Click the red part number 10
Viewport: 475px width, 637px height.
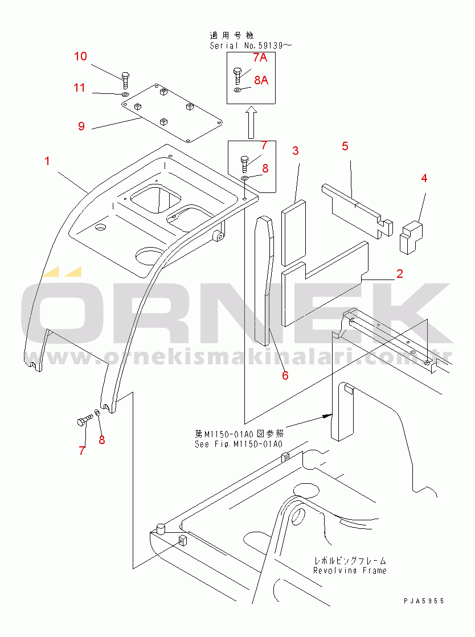80,56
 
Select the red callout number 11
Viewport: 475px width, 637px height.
79,88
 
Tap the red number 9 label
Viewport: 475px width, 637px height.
81,126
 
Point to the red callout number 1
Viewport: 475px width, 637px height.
47,161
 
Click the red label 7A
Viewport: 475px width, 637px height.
260,57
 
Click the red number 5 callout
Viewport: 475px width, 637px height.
345,146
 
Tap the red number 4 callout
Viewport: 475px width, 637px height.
424,178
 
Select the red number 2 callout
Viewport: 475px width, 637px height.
400,274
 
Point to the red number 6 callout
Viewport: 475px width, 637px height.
285,375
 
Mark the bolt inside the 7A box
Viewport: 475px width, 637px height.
237,75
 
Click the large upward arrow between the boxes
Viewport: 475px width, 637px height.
251,122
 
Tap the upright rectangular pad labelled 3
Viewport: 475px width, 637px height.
294,234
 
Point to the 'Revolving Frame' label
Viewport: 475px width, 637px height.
349,570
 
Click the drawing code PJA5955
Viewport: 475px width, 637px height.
424,601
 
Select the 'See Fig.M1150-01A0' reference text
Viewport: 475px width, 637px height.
238,443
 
